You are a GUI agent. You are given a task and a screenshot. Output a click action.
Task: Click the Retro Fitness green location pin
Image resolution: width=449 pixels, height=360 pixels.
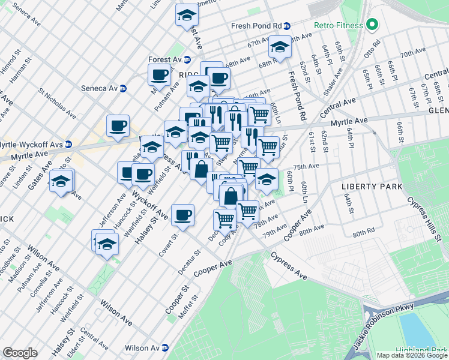372,25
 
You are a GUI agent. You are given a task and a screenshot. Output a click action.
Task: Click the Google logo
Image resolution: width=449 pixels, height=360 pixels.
20,353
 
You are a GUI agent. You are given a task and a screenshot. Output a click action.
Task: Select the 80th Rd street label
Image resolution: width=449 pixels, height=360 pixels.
364,233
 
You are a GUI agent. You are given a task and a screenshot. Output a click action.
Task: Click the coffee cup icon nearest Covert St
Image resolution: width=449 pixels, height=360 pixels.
182,215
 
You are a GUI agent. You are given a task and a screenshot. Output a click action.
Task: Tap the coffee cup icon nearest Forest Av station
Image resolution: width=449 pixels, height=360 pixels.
160,74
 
